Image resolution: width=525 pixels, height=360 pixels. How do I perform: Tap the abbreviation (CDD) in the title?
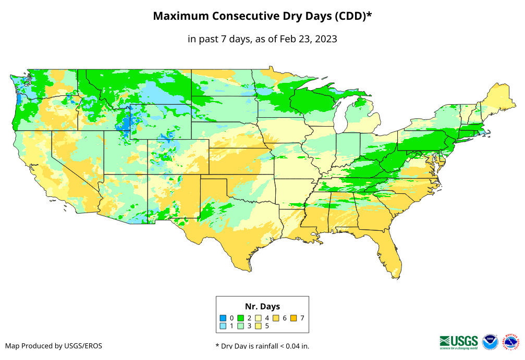[350, 16]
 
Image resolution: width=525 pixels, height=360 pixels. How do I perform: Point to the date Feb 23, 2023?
[308, 39]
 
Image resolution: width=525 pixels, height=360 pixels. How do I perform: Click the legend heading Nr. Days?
[262, 306]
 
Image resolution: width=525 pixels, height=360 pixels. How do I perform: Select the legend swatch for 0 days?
[223, 318]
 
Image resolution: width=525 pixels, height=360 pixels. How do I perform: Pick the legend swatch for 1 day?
[223, 326]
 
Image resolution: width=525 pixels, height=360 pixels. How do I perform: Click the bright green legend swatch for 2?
[241, 318]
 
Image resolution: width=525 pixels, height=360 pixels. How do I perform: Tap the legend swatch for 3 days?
[241, 326]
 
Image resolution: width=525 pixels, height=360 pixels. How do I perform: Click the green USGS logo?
[459, 341]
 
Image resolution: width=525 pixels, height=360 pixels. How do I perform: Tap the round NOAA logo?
[490, 342]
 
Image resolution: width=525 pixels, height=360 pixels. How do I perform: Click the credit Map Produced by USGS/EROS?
[54, 346]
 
